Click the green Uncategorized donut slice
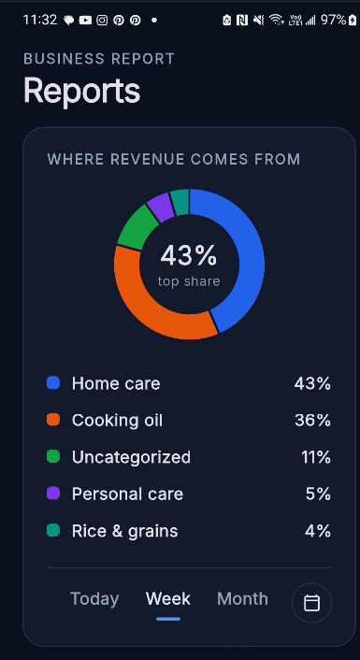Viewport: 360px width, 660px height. tap(137, 227)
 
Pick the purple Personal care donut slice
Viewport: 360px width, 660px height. tap(161, 208)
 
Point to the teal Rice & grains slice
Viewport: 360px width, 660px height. tap(180, 202)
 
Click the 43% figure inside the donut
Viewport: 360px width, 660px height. tap(189, 255)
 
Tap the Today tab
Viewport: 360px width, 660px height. tap(94, 598)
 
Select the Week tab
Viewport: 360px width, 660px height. tap(168, 598)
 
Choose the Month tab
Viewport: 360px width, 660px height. tap(242, 598)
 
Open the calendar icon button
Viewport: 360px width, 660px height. tap(311, 603)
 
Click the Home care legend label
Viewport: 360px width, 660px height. tap(116, 383)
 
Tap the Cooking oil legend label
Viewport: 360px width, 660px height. tap(117, 420)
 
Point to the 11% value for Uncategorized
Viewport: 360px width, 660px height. tap(316, 457)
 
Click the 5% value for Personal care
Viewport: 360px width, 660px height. tap(318, 494)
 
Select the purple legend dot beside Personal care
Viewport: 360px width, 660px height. tap(53, 493)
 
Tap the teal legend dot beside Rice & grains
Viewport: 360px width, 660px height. tap(53, 530)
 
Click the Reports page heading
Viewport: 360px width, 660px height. tap(81, 90)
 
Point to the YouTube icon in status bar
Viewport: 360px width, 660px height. tap(85, 20)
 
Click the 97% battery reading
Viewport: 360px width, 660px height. tap(334, 20)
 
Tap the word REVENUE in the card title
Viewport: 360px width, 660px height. tap(148, 159)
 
